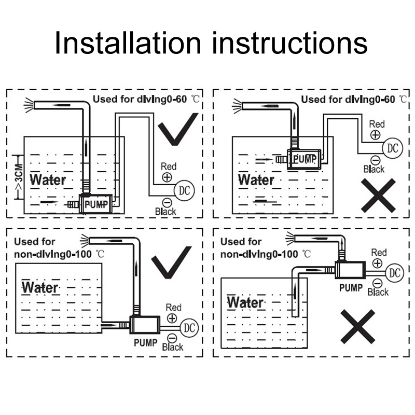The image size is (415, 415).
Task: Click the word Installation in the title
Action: click(128, 43)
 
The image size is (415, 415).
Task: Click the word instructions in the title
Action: click(290, 43)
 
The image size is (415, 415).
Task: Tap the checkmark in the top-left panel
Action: click(178, 129)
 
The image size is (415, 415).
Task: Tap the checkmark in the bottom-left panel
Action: click(172, 262)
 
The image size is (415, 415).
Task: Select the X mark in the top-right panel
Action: click(378, 196)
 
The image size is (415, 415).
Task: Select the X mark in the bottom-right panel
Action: click(357, 326)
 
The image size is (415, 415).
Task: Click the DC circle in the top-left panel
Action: click(184, 190)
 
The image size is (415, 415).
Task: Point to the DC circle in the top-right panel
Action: click(393, 148)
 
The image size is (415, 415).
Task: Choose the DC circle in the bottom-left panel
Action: click(189, 328)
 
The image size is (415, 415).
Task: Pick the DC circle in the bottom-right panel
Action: click(395, 273)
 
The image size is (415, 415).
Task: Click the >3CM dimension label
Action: click(19, 177)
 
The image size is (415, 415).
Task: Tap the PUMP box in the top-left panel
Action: click(96, 204)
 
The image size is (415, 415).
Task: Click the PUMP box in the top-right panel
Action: click(304, 159)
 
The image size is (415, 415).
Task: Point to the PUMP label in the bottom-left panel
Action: click(146, 343)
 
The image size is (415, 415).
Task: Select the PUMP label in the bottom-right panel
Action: click(351, 288)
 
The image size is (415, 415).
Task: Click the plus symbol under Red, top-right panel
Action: click(375, 135)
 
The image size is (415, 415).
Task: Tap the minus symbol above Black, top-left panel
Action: click(167, 203)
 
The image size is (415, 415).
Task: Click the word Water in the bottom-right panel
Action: click(245, 302)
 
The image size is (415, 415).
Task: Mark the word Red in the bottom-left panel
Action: click(173, 308)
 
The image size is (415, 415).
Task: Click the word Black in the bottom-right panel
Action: click(378, 292)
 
